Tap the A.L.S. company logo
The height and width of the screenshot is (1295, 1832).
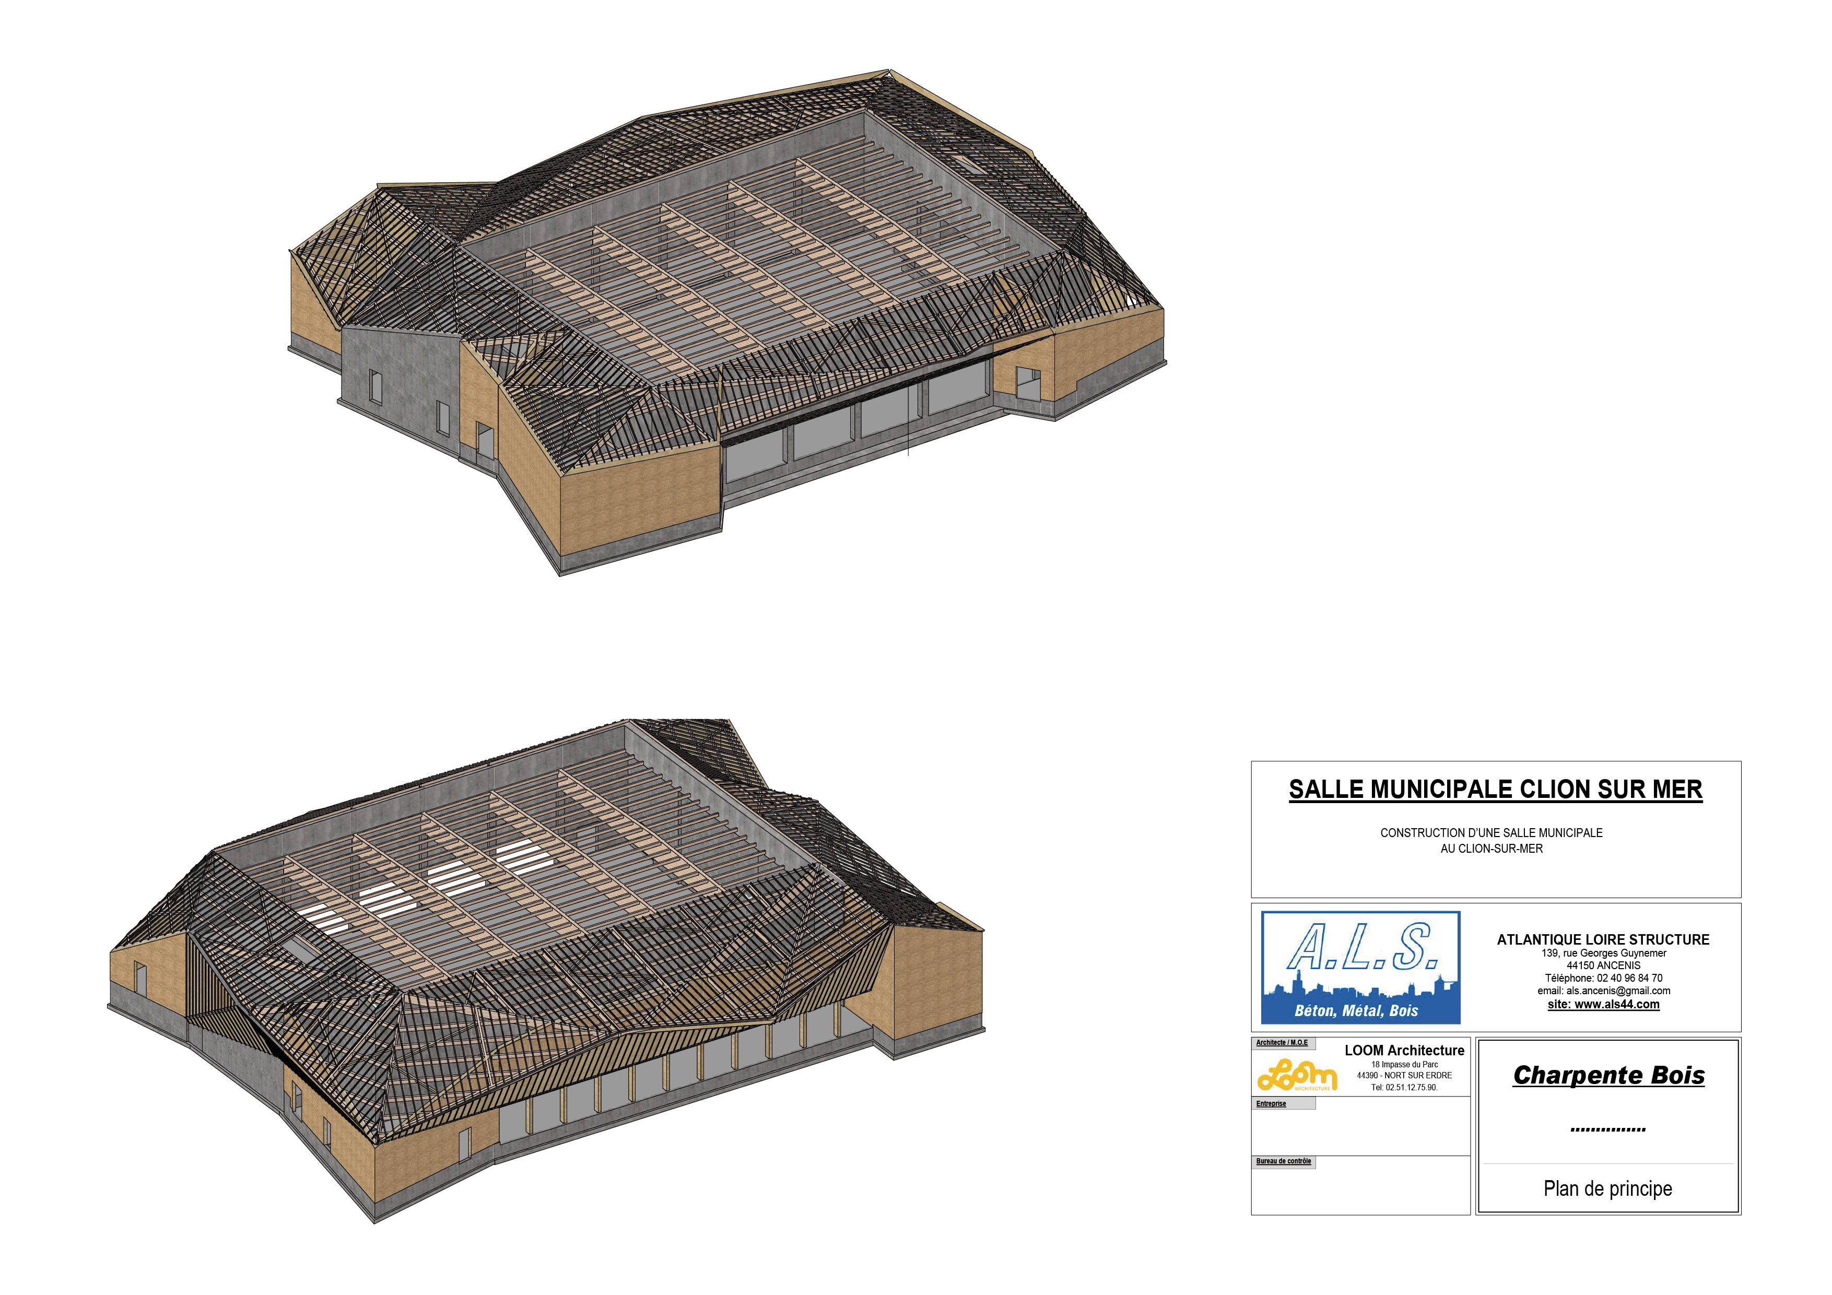pyautogui.click(x=1360, y=967)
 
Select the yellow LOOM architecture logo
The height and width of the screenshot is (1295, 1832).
pyautogui.click(x=1297, y=1075)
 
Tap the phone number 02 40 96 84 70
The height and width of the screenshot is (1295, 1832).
pyautogui.click(x=1629, y=978)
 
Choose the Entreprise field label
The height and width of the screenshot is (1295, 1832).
pyautogui.click(x=1271, y=1103)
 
